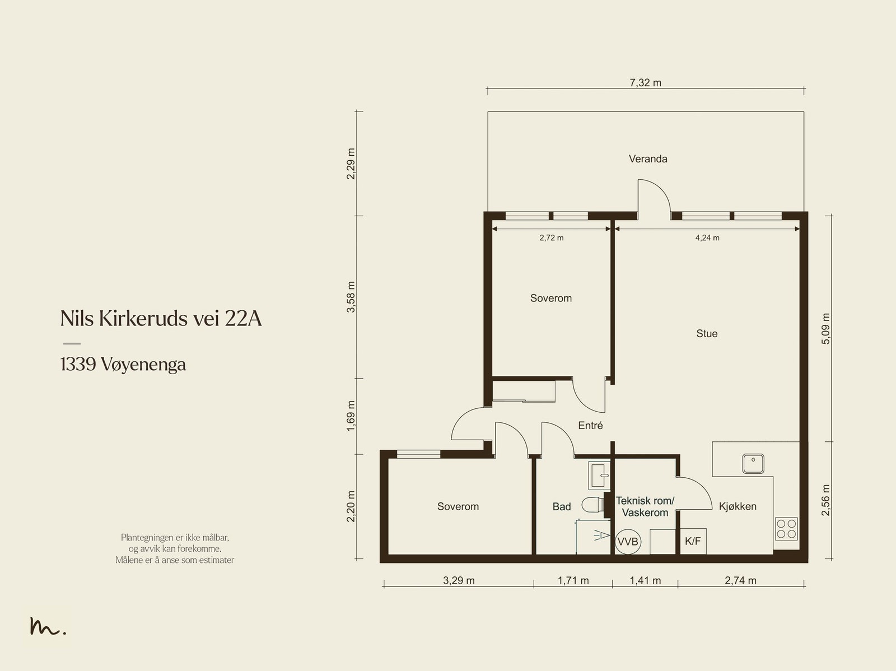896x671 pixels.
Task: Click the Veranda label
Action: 648,159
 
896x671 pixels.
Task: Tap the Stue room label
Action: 707,333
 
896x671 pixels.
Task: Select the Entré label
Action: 590,425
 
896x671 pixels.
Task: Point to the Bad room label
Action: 562,506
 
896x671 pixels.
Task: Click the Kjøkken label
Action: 738,506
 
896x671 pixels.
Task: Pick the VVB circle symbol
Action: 628,542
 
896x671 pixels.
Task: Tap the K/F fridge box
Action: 693,541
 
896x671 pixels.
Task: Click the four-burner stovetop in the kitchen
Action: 786,529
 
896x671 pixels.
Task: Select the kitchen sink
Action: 753,464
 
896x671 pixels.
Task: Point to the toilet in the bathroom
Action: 592,505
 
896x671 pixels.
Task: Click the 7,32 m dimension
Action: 645,83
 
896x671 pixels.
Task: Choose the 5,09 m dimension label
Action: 826,329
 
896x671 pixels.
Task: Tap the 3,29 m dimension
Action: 459,580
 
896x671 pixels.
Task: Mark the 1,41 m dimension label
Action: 645,580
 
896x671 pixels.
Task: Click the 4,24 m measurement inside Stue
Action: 707,237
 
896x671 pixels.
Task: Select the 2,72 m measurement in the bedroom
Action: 552,237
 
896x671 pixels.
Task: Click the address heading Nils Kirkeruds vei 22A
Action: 161,318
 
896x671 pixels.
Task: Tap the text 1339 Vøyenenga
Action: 123,365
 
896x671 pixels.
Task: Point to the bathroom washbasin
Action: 599,476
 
